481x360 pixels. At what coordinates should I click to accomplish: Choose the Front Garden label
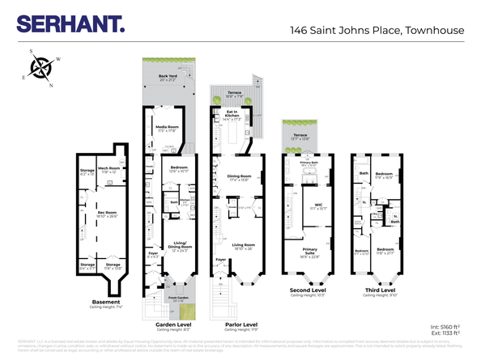178,298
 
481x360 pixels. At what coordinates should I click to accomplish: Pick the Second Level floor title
309,288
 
